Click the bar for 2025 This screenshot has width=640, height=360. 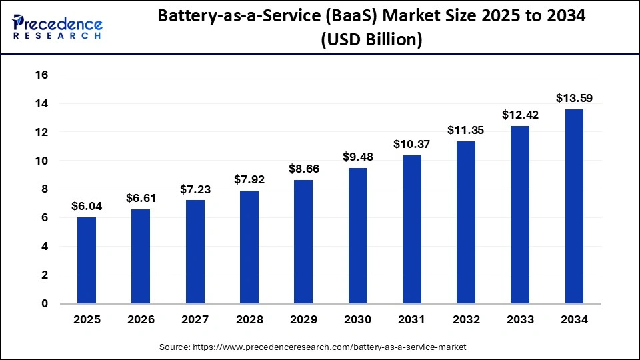coord(87,261)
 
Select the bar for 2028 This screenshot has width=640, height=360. coord(249,247)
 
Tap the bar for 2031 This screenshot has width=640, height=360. coord(411,229)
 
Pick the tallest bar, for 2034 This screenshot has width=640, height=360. coord(574,207)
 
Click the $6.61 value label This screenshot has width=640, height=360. coord(141,198)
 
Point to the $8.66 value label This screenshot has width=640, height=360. coord(303,169)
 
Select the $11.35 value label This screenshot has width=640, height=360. coord(466,130)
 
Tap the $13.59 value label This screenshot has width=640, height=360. coord(574,98)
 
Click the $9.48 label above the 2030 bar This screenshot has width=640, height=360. coord(357,157)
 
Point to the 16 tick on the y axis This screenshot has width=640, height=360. coord(41,75)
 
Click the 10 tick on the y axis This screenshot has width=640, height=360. coord(41,161)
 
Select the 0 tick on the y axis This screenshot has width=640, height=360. coord(44,303)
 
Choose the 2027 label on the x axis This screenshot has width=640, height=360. coord(195,320)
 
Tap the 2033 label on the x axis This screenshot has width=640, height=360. coord(520,320)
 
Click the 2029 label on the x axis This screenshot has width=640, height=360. coord(303,320)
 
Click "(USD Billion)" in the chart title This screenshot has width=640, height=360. coord(371,40)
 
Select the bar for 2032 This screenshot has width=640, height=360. coord(466,223)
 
